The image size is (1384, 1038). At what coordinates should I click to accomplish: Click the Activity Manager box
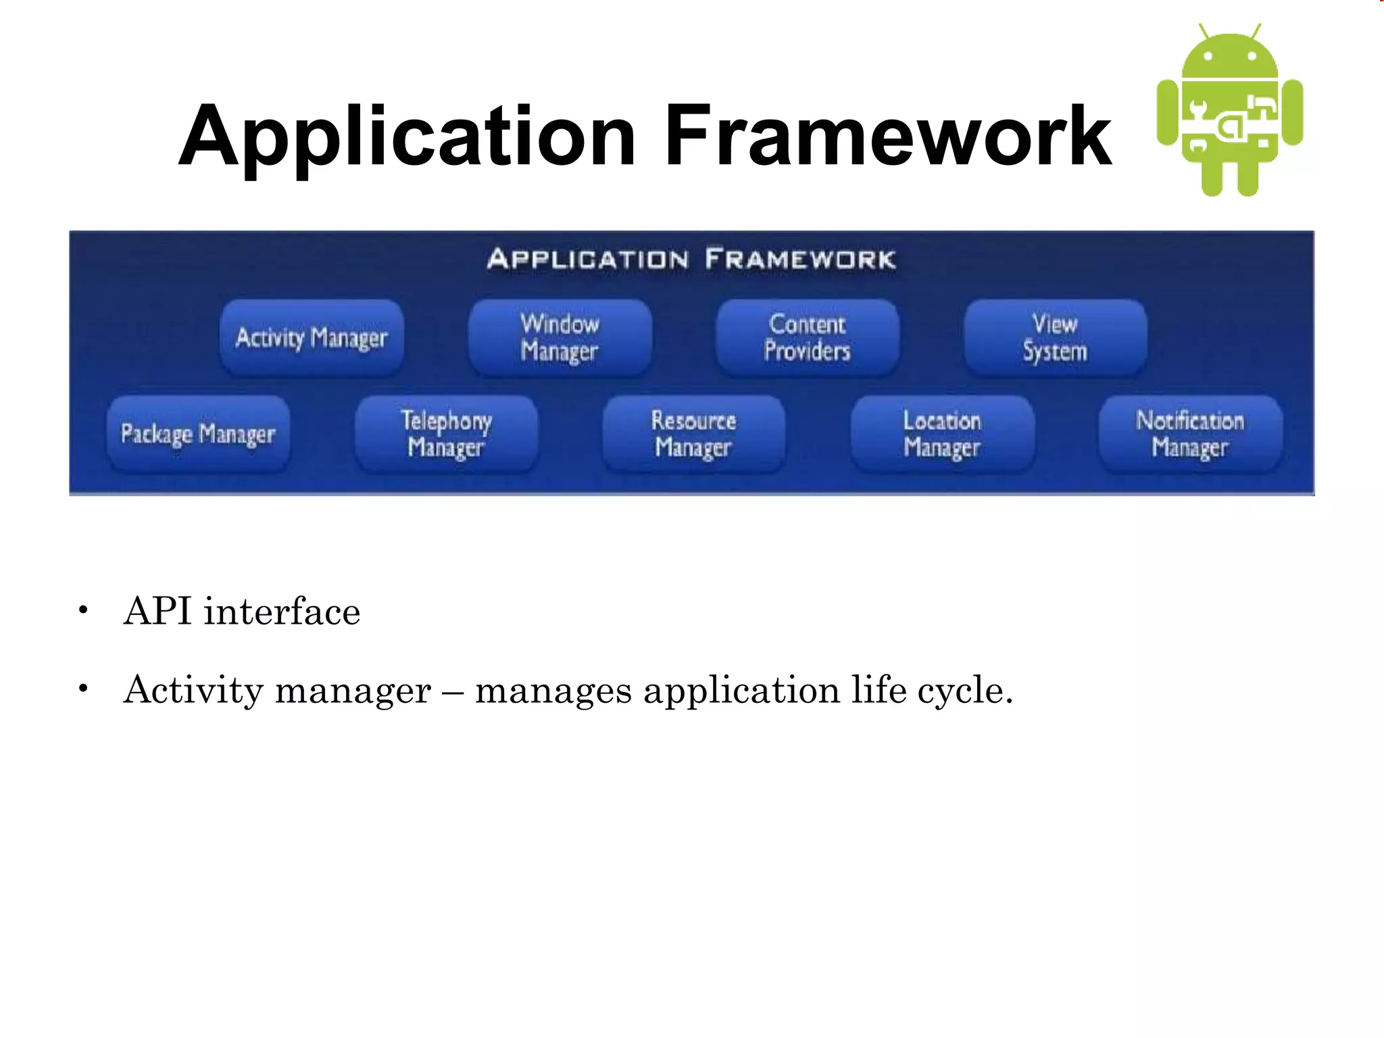(x=312, y=337)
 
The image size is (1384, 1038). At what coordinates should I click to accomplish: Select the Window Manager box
(x=560, y=337)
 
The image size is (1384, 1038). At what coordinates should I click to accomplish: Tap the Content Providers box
(x=808, y=337)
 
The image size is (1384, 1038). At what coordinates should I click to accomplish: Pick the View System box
(x=1055, y=337)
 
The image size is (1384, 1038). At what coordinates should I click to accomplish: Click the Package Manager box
(x=198, y=434)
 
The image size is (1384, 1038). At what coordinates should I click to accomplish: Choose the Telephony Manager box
(x=446, y=434)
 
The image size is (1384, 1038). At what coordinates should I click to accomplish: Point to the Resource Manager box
(x=694, y=434)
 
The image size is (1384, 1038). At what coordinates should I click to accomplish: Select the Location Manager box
(x=942, y=434)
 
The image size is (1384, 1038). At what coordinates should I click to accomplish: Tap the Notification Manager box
(x=1190, y=434)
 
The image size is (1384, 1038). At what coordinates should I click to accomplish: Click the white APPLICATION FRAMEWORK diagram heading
(x=691, y=259)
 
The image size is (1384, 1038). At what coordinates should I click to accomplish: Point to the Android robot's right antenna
(x=1256, y=31)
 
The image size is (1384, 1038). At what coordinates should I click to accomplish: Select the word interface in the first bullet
(x=282, y=612)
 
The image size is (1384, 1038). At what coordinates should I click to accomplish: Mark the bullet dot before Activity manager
(x=83, y=689)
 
